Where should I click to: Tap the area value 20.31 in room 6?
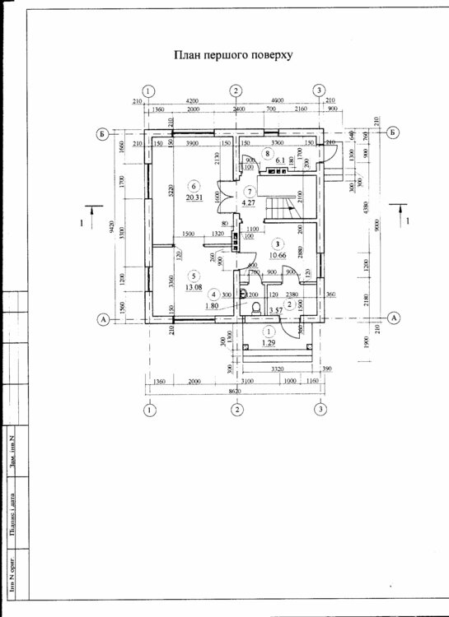194,198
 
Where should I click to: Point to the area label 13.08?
194,287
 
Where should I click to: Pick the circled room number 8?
266,153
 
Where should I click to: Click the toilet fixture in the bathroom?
257,308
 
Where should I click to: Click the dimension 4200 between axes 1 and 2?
191,100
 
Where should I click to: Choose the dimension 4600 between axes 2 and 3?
277,100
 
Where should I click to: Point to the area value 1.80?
213,305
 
